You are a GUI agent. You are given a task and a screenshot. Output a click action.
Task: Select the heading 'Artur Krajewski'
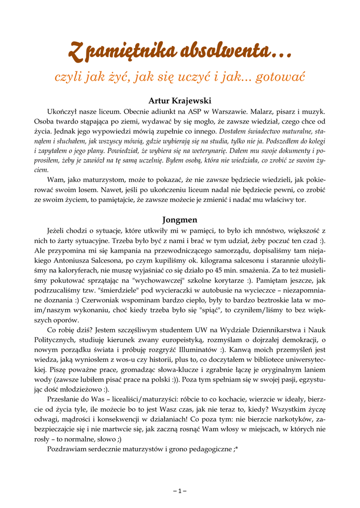[180, 101]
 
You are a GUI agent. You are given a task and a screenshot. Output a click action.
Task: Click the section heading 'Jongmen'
[180, 219]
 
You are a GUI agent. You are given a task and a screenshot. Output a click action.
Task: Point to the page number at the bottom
[180, 491]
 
